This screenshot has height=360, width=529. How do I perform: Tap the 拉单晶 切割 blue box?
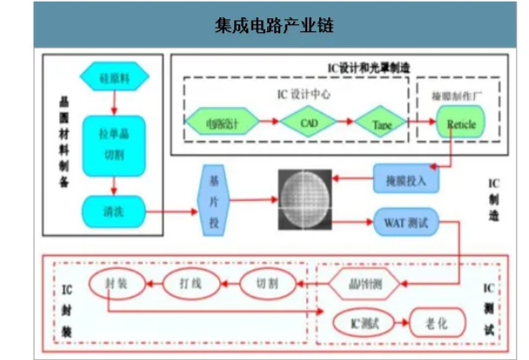113,142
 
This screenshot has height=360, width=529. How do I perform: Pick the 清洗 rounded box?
113,210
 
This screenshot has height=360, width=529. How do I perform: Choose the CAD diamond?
311,122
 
